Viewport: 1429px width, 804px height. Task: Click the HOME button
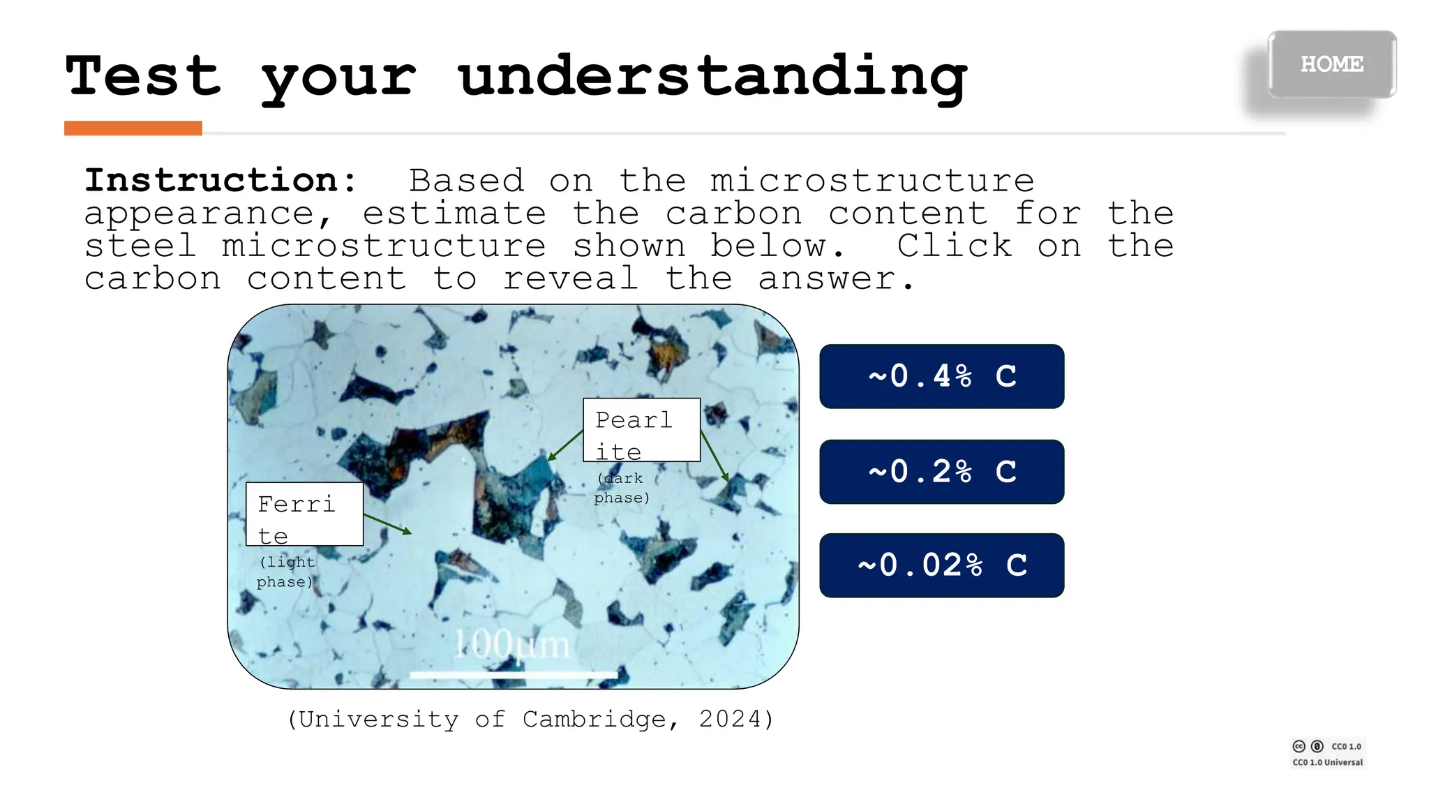click(x=1331, y=64)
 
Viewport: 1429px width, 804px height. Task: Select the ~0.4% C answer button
click(x=941, y=376)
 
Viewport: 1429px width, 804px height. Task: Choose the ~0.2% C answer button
click(x=941, y=472)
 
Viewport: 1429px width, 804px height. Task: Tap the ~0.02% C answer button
click(x=941, y=565)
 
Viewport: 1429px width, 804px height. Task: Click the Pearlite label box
click(x=641, y=430)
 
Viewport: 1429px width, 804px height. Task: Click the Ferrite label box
click(x=304, y=514)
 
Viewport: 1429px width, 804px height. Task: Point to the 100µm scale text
click(x=511, y=644)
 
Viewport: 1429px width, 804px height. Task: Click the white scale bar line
click(x=513, y=675)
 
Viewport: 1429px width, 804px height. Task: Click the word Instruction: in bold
click(x=220, y=181)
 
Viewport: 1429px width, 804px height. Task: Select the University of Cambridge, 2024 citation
click(x=530, y=719)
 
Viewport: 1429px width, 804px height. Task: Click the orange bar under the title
click(x=133, y=128)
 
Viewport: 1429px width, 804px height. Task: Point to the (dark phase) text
click(x=621, y=488)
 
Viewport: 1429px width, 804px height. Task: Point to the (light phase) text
click(x=285, y=572)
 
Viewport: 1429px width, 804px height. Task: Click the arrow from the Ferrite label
click(x=387, y=524)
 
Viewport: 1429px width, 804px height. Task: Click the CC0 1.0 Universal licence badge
click(x=1327, y=754)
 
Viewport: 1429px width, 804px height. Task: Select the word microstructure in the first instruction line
click(x=871, y=181)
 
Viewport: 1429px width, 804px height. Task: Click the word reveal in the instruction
click(x=570, y=279)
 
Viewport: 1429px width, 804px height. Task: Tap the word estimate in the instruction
click(x=454, y=214)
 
